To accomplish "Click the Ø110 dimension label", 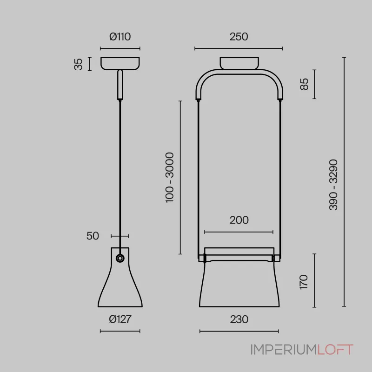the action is tap(120, 37).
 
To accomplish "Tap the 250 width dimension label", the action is tap(239, 37).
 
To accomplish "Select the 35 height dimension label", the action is tap(78, 64).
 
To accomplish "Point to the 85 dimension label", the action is tap(304, 84).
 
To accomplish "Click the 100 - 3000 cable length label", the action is tap(170, 178).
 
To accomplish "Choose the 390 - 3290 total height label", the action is tap(333, 185).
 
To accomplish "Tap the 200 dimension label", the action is tap(239, 220).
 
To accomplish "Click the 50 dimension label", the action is tap(93, 236).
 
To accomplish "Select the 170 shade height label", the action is tap(304, 282).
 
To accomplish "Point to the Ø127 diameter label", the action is tap(120, 319).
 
